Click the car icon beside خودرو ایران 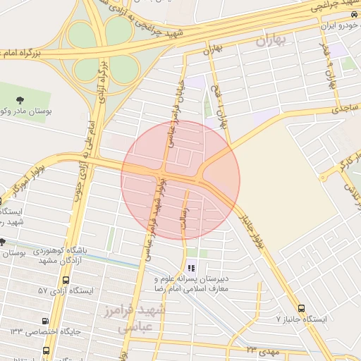[x=352, y=14]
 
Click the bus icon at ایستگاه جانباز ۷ [x=302, y=308]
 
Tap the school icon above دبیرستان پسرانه [x=190, y=267]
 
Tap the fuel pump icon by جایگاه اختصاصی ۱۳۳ [x=46, y=319]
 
